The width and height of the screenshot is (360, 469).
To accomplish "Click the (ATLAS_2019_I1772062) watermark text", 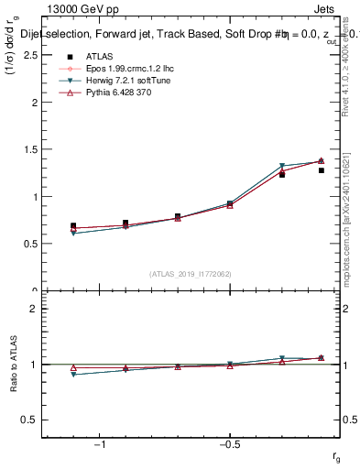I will tap(191, 273).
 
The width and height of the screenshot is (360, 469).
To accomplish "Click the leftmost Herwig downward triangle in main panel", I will tap(73, 234).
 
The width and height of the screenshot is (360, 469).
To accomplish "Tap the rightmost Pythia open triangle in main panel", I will tap(321, 161).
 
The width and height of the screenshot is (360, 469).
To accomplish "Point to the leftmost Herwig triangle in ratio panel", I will tap(73, 375).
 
